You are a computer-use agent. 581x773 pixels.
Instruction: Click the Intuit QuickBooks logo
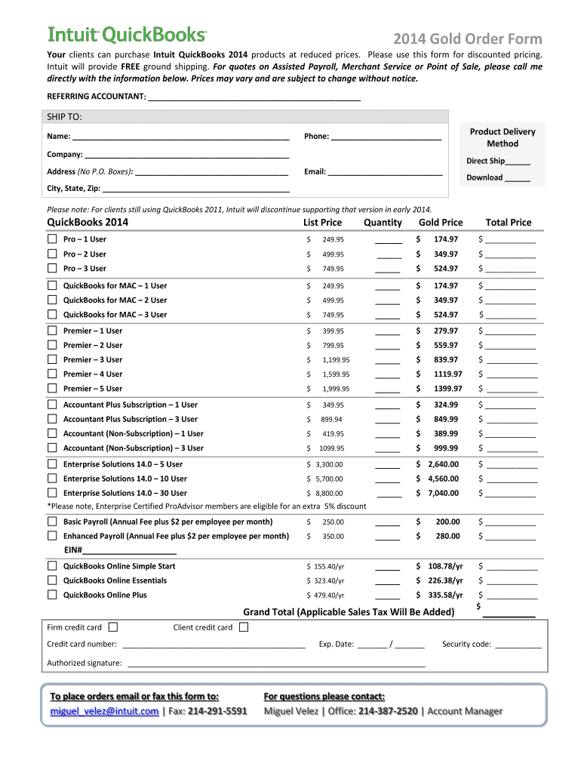[x=127, y=35]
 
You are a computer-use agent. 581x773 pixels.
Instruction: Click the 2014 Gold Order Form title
[x=467, y=39]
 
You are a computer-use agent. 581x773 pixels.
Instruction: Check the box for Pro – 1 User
[x=52, y=239]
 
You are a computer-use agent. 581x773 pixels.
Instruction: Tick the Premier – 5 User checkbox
[x=52, y=389]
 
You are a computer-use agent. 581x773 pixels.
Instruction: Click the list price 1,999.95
[x=335, y=389]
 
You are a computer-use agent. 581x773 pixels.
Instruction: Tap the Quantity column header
[x=383, y=222]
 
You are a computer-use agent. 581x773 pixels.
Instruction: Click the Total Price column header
[x=508, y=222]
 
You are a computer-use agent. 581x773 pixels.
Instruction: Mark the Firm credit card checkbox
[x=113, y=627]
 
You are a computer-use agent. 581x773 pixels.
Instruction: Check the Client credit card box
[x=244, y=627]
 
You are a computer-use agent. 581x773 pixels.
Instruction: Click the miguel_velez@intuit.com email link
[x=104, y=711]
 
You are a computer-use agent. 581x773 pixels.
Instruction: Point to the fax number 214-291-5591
[x=217, y=711]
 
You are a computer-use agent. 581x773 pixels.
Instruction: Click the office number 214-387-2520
[x=388, y=711]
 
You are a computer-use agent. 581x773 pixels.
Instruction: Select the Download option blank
[x=517, y=178]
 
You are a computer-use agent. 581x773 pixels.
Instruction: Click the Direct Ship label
[x=485, y=161]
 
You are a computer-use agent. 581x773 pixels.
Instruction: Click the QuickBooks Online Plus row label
[x=105, y=595]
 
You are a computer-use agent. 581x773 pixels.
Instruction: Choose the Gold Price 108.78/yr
[x=444, y=566]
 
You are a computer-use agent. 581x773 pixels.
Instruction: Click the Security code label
[x=466, y=644]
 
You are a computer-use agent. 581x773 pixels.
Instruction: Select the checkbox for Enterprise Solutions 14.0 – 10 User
[x=52, y=479]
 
